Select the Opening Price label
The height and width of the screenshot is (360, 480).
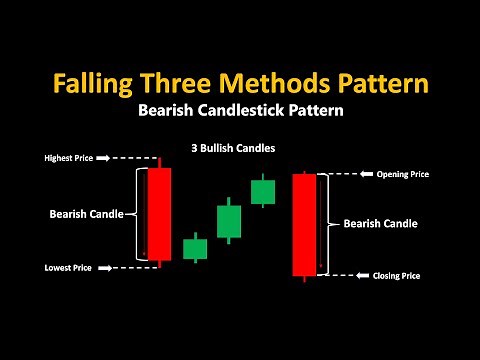point(403,174)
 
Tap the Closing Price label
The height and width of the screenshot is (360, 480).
point(396,275)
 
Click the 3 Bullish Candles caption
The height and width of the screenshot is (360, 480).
point(233,147)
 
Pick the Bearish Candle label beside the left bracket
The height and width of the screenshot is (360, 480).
point(86,213)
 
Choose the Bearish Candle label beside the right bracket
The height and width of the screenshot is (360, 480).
point(380,223)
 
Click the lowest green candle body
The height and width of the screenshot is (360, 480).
point(195,248)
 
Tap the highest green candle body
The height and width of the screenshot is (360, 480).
point(263,191)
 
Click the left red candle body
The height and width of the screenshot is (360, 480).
point(158,213)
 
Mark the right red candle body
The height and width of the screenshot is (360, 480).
point(304,225)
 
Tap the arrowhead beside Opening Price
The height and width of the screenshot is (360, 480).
point(366,174)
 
